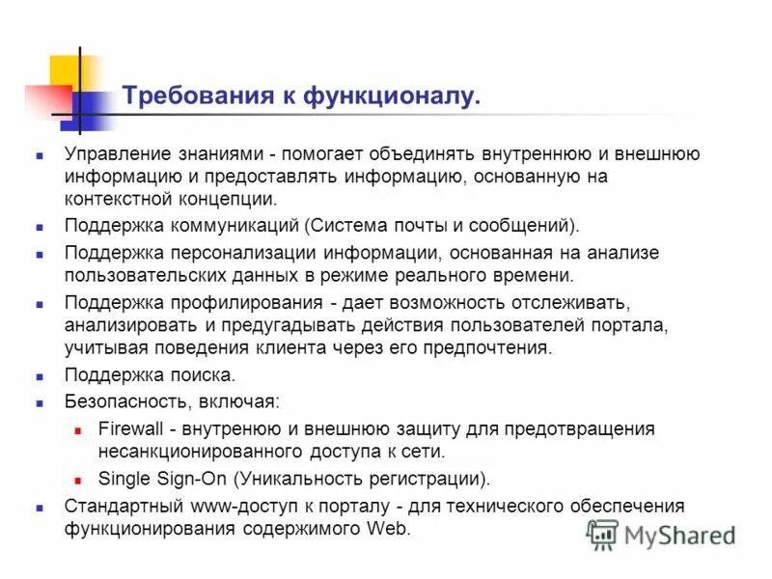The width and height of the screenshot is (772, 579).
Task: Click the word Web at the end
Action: (x=389, y=529)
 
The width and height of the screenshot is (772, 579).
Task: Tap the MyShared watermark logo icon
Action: (x=603, y=534)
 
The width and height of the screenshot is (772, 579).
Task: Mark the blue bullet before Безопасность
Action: (x=41, y=400)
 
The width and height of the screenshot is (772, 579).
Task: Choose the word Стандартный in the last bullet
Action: (x=118, y=506)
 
